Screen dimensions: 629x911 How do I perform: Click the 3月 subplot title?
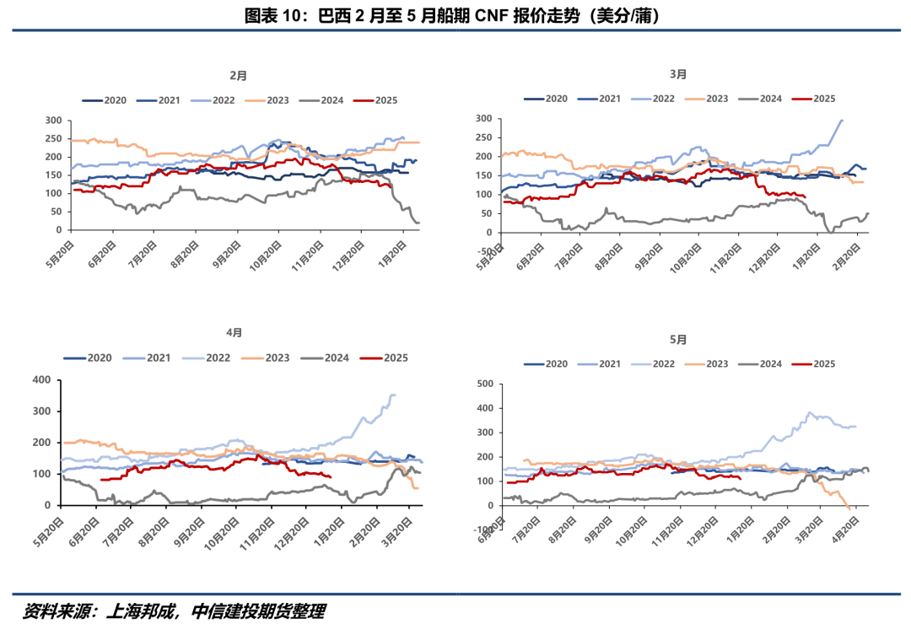(x=678, y=74)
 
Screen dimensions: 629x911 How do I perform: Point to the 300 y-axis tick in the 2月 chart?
(x=52, y=120)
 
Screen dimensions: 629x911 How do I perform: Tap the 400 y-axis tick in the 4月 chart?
(x=42, y=380)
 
